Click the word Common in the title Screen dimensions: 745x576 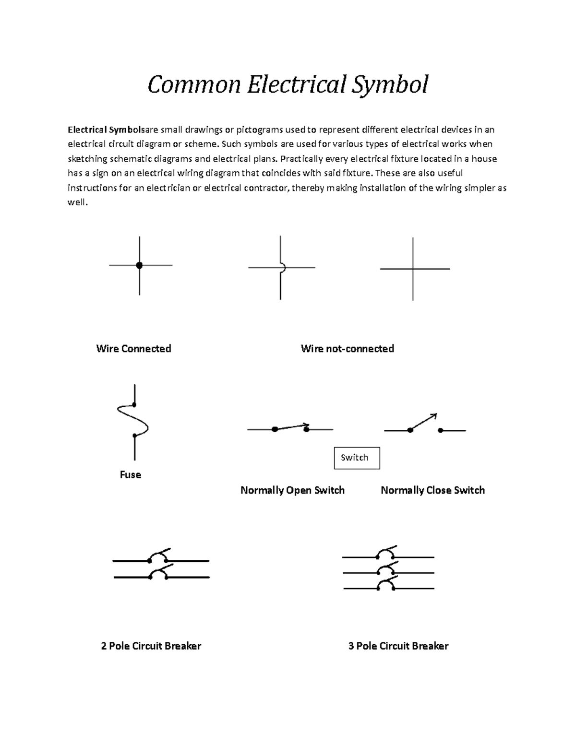pyautogui.click(x=193, y=84)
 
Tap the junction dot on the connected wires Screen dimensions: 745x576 pyautogui.click(x=139, y=265)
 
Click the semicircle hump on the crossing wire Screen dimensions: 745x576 pyautogui.click(x=283, y=267)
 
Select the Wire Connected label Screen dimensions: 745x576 pyautogui.click(x=133, y=349)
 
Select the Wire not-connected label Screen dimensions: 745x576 pyautogui.click(x=347, y=349)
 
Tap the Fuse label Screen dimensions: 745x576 pyautogui.click(x=131, y=474)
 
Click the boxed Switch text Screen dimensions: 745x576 pyautogui.click(x=355, y=458)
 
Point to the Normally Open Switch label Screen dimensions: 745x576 pyautogui.click(x=292, y=490)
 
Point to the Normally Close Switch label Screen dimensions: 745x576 pyautogui.click(x=432, y=490)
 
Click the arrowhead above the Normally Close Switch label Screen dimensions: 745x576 pyautogui.click(x=434, y=415)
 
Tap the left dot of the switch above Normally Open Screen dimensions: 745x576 pyautogui.click(x=275, y=429)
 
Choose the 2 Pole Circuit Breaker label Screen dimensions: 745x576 pyautogui.click(x=151, y=646)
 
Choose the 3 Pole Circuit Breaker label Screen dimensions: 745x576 pyautogui.click(x=398, y=646)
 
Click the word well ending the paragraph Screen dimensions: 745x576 pyautogui.click(x=77, y=202)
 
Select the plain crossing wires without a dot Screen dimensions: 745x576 pyautogui.click(x=413, y=269)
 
